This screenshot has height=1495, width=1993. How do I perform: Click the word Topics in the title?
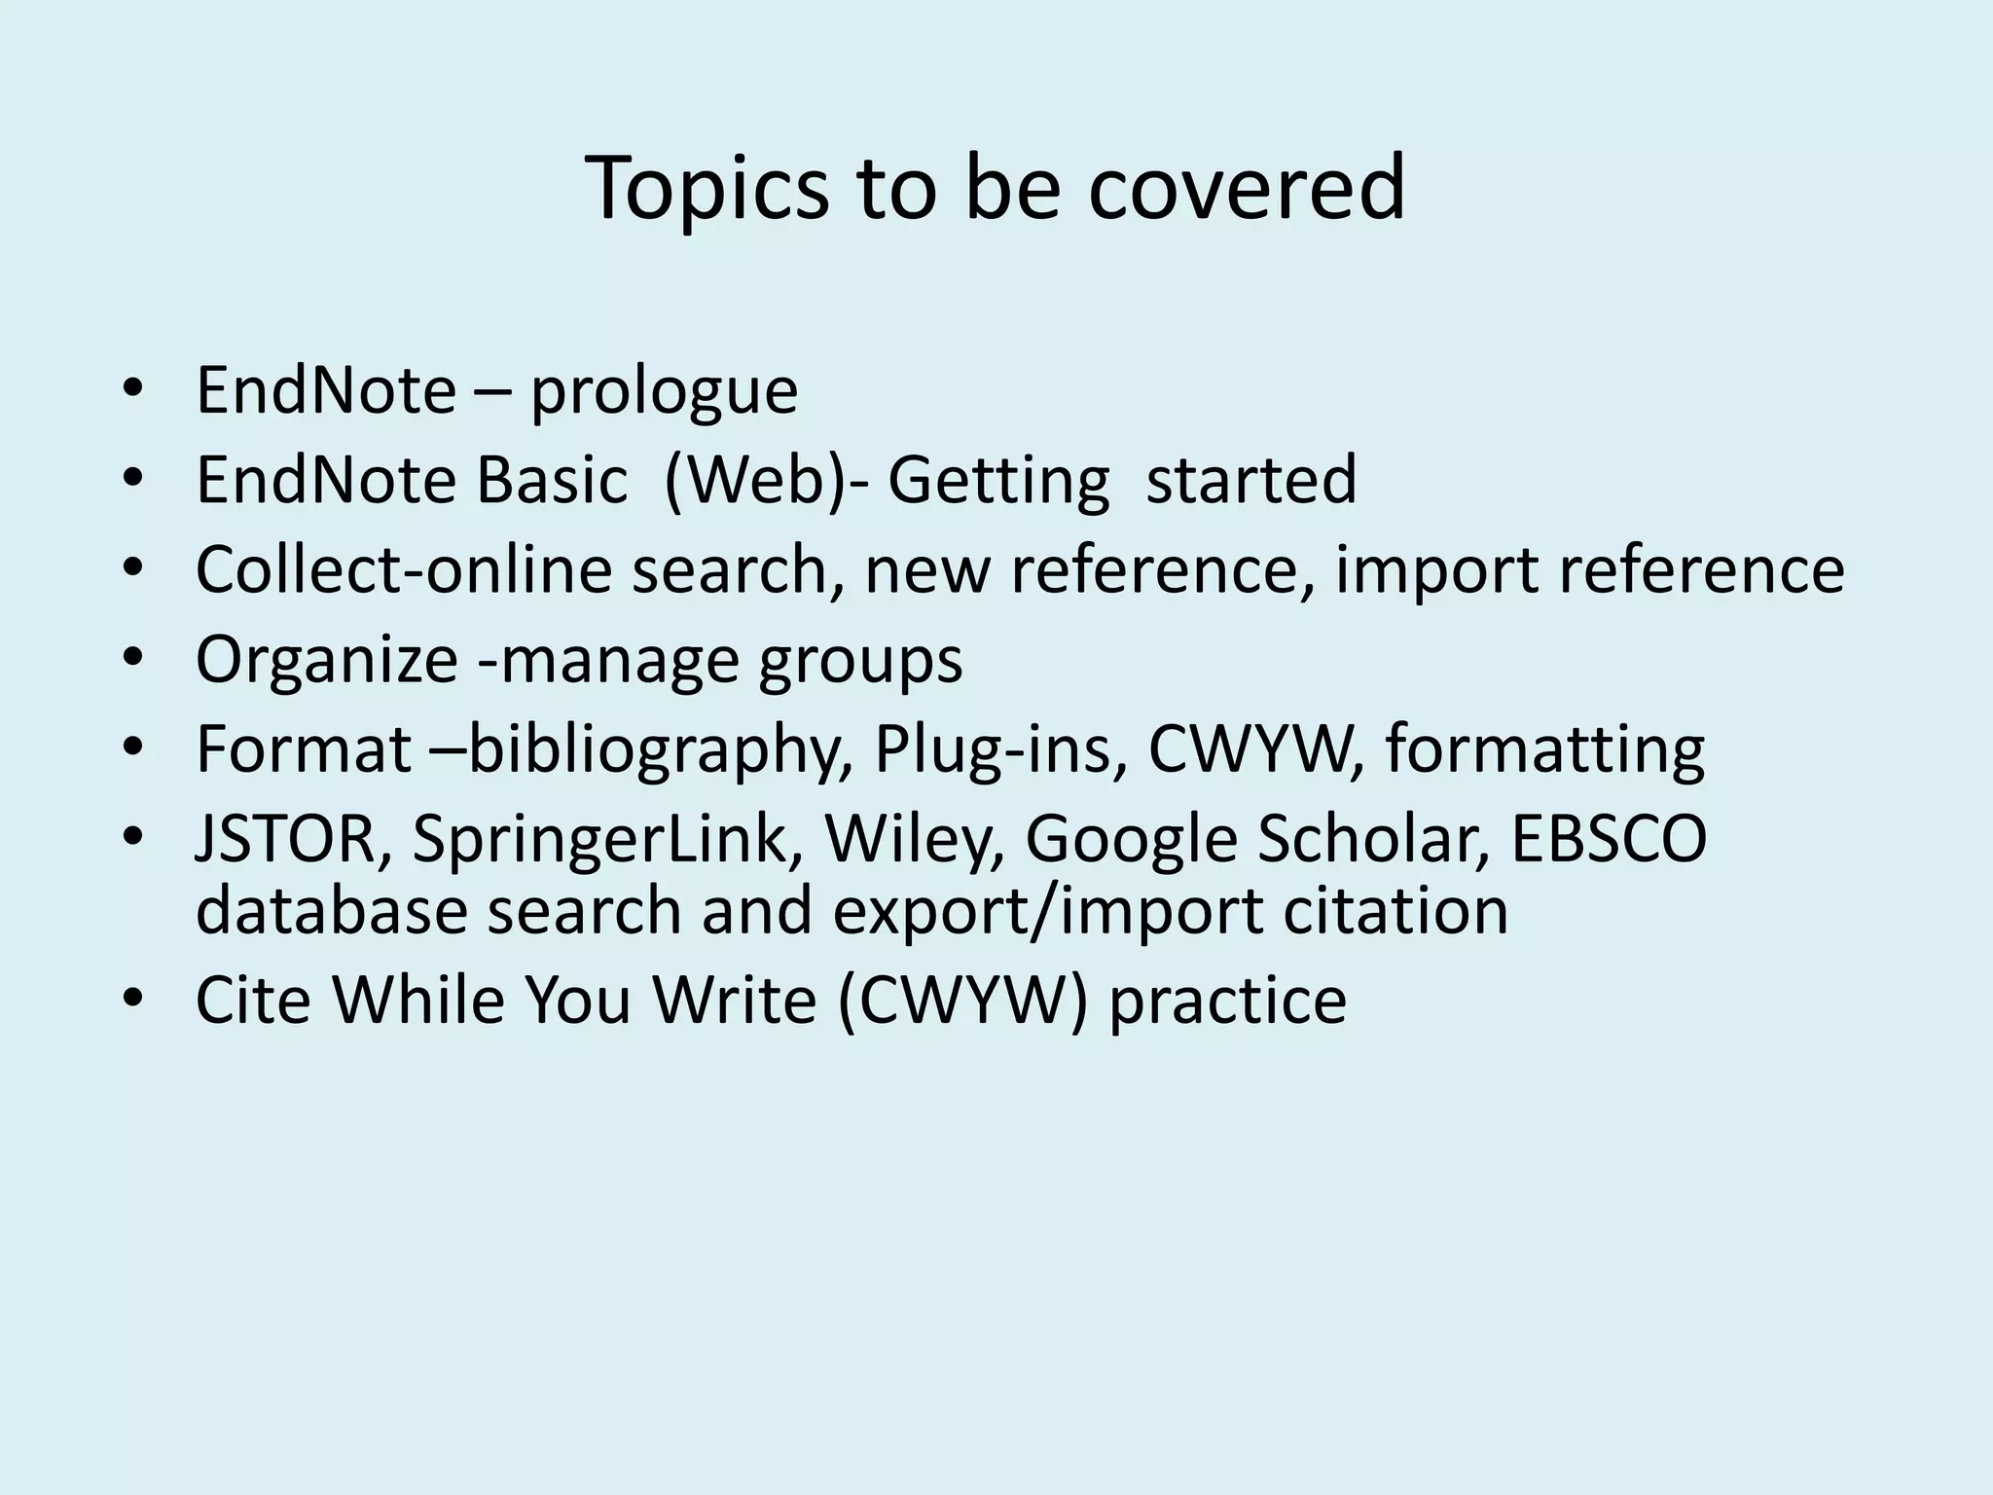(707, 189)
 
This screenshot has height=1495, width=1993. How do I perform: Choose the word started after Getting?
(1250, 480)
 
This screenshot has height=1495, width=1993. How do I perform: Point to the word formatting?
(1544, 750)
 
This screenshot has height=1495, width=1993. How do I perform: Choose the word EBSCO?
(1608, 839)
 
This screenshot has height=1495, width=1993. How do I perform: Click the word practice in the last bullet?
(1227, 1002)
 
